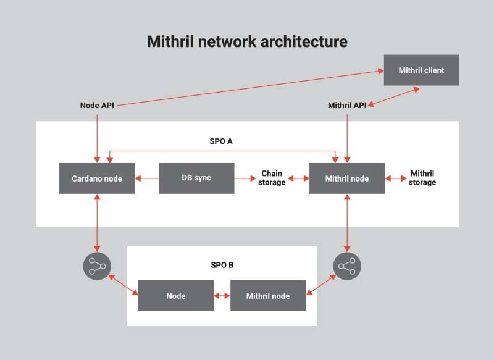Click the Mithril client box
click(x=421, y=70)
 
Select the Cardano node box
click(x=97, y=178)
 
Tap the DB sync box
click(x=196, y=178)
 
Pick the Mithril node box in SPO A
click(x=346, y=178)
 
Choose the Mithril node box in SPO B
click(x=268, y=296)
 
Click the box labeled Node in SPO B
click(x=175, y=296)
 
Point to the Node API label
click(x=97, y=105)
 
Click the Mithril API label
click(x=347, y=105)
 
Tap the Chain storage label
click(x=273, y=178)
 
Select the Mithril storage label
click(x=423, y=178)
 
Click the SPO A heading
click(x=222, y=141)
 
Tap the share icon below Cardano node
click(x=96, y=266)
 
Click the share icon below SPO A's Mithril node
click(x=347, y=266)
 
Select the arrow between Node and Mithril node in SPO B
click(x=222, y=296)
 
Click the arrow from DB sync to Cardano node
click(x=147, y=178)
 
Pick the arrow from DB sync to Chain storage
click(x=245, y=178)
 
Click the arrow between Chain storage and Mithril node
click(x=298, y=178)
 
